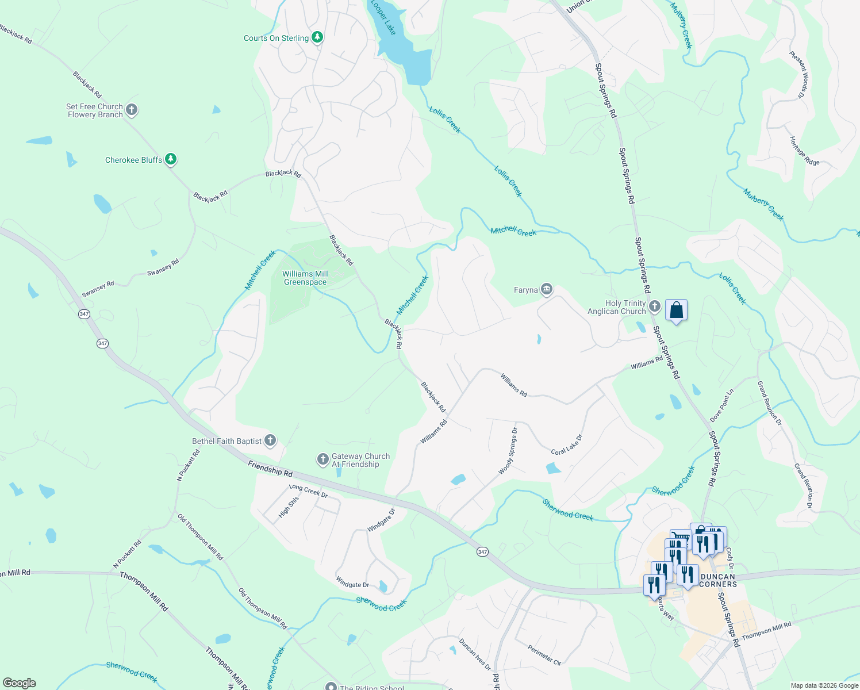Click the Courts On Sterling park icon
coord(317,37)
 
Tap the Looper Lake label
coord(383,18)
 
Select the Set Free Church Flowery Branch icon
coord(132,110)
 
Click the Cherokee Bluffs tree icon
coord(171,159)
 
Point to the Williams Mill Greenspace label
coord(305,278)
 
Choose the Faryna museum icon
coord(547,289)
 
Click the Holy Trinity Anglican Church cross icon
coord(655,306)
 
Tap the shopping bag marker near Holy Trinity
coord(677,310)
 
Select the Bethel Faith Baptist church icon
coord(270,440)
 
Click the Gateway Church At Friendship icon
coord(323,459)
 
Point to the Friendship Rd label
coord(270,469)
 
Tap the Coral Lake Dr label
coord(567,444)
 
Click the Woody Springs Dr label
coord(508,451)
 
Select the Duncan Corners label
coord(718,580)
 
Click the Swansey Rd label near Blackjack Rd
coord(163,267)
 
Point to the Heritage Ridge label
coord(804,151)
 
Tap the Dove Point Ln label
coord(722,405)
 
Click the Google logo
coord(20,683)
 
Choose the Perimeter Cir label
coord(544,655)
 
